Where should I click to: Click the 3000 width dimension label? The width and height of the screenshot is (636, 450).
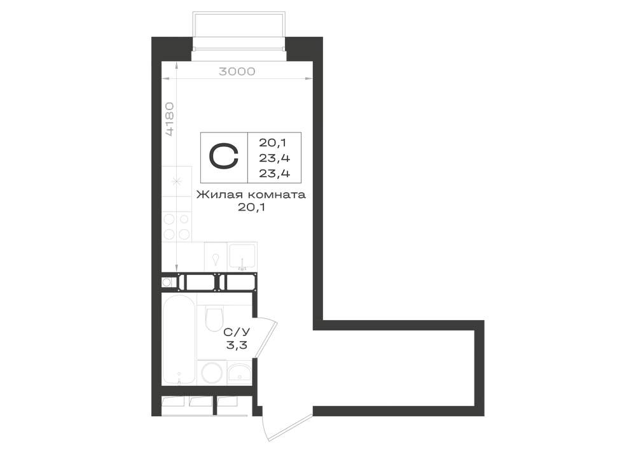tap(237, 71)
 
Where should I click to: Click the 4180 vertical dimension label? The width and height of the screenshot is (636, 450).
tap(170, 119)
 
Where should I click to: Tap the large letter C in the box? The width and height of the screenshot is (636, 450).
tap(223, 157)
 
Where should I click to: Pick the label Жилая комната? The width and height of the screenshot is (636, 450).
tap(251, 195)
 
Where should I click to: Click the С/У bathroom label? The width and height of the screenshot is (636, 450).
tap(237, 332)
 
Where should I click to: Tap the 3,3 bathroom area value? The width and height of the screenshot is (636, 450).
tap(237, 346)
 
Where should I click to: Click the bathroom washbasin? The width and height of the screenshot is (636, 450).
tap(240, 373)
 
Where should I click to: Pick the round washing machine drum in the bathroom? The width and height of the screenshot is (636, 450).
tap(211, 372)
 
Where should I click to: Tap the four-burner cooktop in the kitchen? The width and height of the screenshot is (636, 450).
tap(177, 227)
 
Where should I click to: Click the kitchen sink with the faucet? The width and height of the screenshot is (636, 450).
tap(242, 257)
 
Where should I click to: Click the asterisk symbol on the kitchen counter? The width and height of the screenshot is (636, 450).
tap(176, 181)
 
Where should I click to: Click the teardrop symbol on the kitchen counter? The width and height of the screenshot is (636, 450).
tap(216, 258)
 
